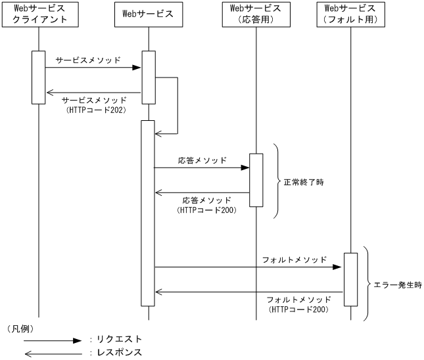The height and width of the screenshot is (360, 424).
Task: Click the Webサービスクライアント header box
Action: (x=39, y=14)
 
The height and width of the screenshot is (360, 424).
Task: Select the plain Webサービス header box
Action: (x=148, y=14)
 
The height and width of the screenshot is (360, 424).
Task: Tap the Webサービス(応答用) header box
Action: (x=256, y=14)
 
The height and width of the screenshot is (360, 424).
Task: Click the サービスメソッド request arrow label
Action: (x=88, y=60)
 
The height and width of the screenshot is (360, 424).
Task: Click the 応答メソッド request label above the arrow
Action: (x=202, y=160)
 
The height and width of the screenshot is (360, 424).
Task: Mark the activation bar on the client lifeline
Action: (x=39, y=77)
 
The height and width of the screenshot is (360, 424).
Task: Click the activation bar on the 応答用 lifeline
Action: (x=256, y=179)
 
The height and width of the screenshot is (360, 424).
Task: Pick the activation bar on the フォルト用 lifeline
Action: (x=350, y=279)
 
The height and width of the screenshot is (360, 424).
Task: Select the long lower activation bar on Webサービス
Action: (x=148, y=214)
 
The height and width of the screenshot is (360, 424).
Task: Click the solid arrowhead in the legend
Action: (x=76, y=340)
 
